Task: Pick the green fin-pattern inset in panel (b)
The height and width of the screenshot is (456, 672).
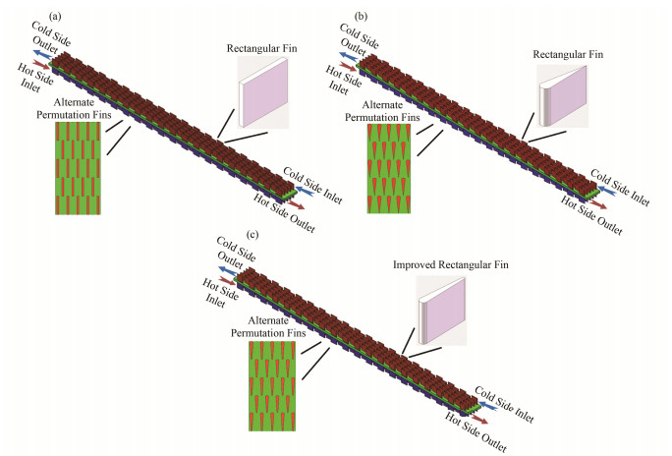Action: click(391, 168)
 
